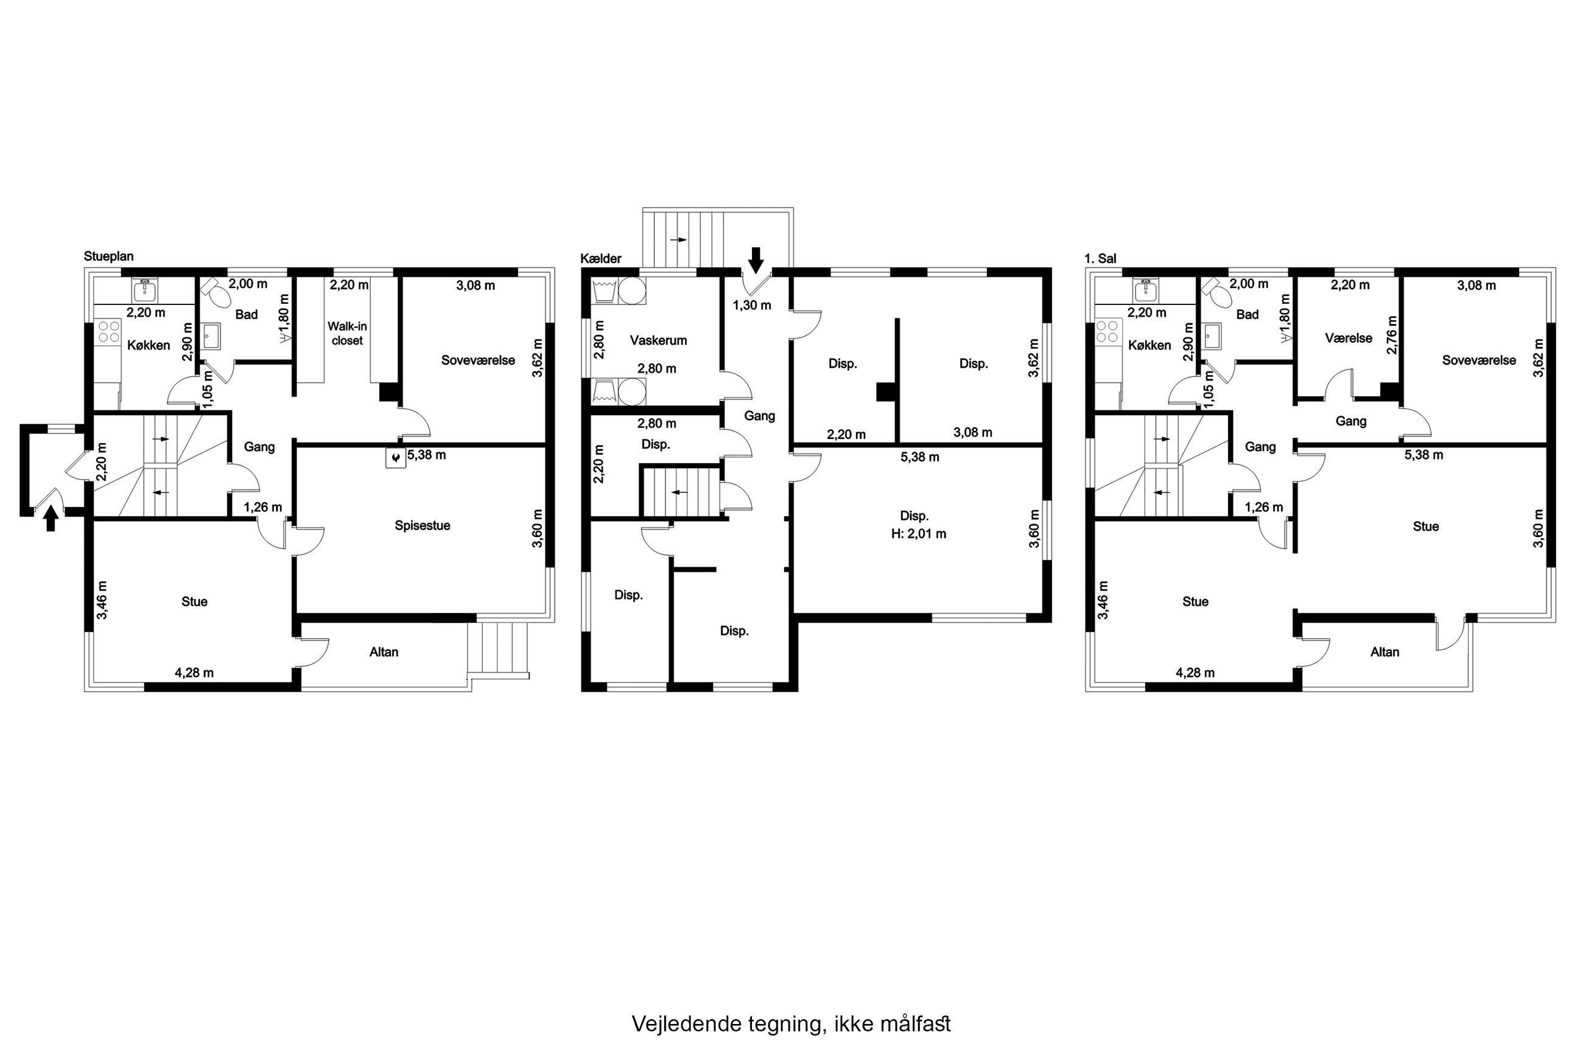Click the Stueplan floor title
108,256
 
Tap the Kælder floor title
601,258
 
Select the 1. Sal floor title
1100,258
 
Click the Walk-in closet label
347,334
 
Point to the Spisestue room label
423,525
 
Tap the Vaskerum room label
659,340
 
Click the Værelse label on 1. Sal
1349,338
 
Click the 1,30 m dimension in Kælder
752,306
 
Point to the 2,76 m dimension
1392,334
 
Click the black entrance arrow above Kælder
756,260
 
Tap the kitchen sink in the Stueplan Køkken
146,290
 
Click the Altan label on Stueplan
384,652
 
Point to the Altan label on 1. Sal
1385,652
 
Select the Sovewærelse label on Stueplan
479,360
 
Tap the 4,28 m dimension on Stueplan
194,673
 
